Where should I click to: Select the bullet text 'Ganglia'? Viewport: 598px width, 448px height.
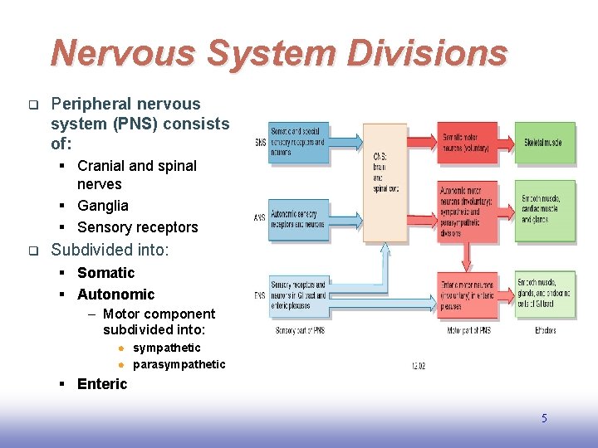tap(103, 206)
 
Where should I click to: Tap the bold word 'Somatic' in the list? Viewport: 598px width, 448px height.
tap(105, 273)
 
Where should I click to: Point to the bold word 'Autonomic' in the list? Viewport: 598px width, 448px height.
tap(115, 295)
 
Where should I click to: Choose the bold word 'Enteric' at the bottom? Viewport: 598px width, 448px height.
tap(102, 383)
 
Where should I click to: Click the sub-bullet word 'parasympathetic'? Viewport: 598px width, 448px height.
tap(179, 364)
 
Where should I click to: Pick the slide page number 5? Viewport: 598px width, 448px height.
tap(544, 418)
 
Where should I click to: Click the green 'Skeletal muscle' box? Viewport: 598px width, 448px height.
tap(544, 143)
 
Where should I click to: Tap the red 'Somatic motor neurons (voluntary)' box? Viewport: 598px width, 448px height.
tap(468, 142)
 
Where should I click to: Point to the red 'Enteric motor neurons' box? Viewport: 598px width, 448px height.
tap(468, 295)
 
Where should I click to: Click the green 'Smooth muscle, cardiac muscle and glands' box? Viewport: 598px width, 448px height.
tap(544, 209)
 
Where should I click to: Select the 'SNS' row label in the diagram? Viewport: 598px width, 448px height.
tap(260, 143)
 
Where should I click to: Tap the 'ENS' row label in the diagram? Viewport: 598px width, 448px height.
tap(260, 295)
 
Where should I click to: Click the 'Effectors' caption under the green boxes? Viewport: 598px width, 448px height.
tap(544, 330)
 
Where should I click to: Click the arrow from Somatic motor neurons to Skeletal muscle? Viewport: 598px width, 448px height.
tap(506, 142)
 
